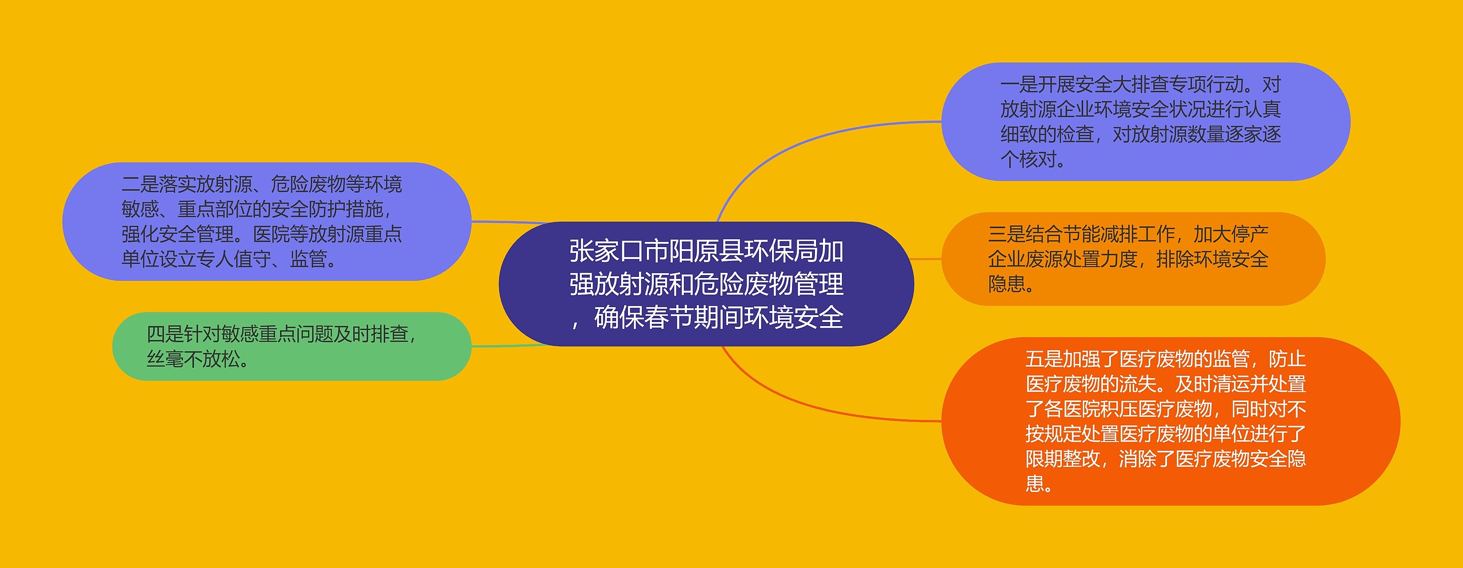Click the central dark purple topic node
pos(706,284)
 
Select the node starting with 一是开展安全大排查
pos(1146,122)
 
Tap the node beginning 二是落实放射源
pos(267,221)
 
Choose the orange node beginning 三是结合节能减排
pos(1133,259)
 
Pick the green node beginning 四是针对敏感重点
pos(292,347)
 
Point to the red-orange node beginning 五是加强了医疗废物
pos(1171,422)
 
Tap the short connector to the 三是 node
pos(926,259)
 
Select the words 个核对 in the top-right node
pos(1028,159)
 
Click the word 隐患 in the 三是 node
pos(1007,284)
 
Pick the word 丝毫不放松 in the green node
pos(194,359)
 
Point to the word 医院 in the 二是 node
pos(271,234)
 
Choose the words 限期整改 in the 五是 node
pos(1063,459)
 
